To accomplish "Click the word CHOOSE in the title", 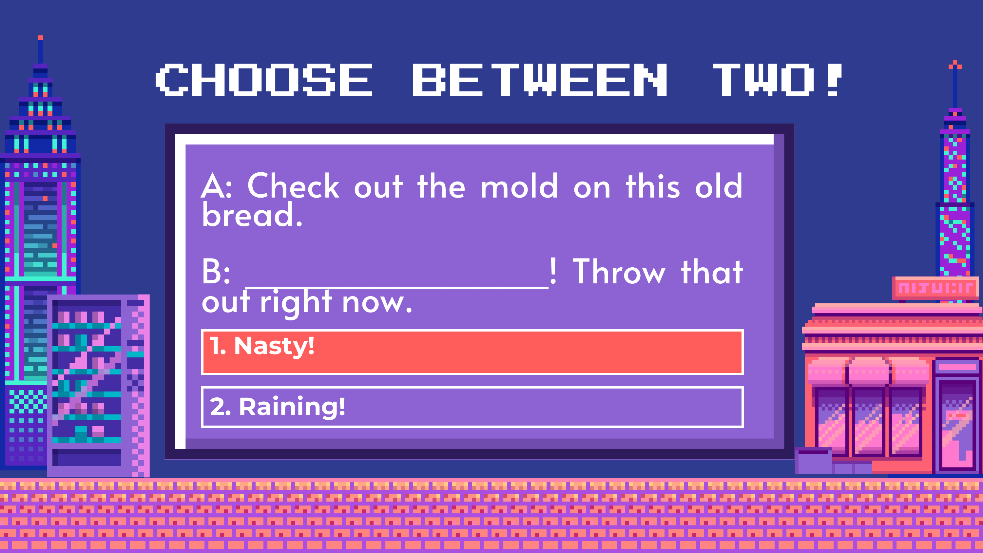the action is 264,80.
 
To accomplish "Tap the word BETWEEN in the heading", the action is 540,80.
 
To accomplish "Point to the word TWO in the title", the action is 763,80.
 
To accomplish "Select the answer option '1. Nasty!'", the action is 472,352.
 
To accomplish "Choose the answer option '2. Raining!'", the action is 472,407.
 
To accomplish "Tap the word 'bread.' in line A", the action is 252,215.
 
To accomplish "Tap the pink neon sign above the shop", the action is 935,288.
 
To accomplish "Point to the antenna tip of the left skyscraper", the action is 40,38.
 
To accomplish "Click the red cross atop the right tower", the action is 955,65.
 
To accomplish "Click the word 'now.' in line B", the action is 377,303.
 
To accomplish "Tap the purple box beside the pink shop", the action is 814,461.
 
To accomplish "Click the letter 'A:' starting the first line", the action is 216,186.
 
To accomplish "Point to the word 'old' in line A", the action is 719,186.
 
